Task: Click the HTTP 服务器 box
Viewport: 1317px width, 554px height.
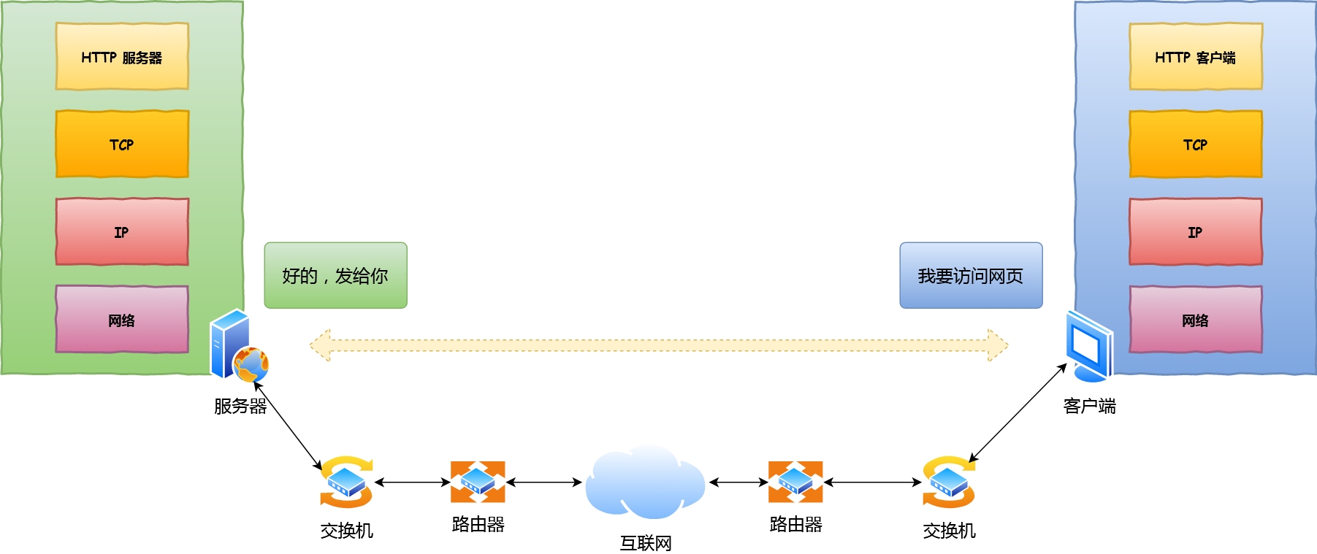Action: pyautogui.click(x=122, y=57)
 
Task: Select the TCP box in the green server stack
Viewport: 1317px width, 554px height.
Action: pyautogui.click(x=122, y=144)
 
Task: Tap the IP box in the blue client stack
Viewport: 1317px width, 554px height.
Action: pyautogui.click(x=1195, y=231)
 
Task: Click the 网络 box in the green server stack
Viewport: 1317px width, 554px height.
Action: pyautogui.click(x=122, y=319)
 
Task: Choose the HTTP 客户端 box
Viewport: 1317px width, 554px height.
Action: pyautogui.click(x=1195, y=57)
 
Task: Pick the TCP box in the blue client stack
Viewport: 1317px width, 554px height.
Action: pyautogui.click(x=1195, y=144)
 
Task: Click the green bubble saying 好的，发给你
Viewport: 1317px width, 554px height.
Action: pyautogui.click(x=335, y=275)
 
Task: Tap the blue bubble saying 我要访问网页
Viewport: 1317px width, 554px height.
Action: pyautogui.click(x=970, y=275)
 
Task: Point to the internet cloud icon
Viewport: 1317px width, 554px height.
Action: pyautogui.click(x=644, y=482)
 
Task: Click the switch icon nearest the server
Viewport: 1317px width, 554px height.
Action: pyautogui.click(x=346, y=482)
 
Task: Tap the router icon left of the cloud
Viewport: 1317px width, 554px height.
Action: pyautogui.click(x=478, y=482)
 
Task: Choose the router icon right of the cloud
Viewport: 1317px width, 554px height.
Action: pyautogui.click(x=795, y=482)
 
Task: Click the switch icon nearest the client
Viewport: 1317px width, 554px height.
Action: pyautogui.click(x=948, y=482)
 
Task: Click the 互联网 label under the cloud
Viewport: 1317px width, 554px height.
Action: pyautogui.click(x=645, y=543)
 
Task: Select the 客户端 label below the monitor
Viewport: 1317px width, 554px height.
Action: pyautogui.click(x=1089, y=406)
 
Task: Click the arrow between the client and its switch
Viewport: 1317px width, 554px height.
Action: pyautogui.click(x=1018, y=413)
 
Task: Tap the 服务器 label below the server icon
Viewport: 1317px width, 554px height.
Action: pyautogui.click(x=240, y=406)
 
